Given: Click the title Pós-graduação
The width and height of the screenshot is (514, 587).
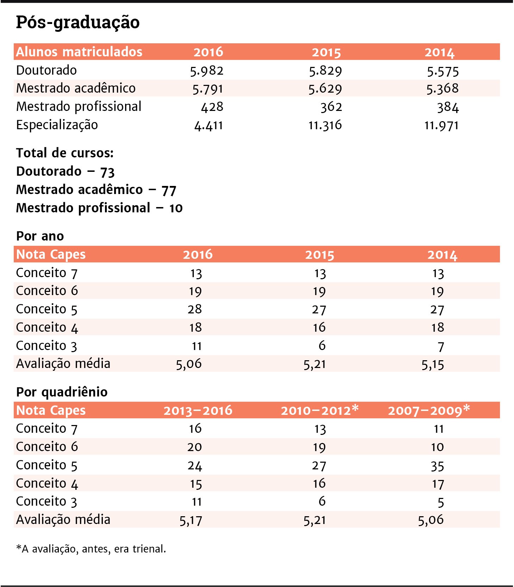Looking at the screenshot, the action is click(78, 23).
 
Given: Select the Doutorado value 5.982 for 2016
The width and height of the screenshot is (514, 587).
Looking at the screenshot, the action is click(207, 71).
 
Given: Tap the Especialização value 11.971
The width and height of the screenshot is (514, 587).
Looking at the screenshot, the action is click(441, 125).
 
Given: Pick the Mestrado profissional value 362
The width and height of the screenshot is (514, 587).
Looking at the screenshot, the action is click(331, 107).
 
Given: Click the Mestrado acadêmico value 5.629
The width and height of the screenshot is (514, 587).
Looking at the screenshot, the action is click(325, 89).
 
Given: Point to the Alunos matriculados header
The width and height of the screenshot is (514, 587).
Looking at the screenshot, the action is click(79, 52).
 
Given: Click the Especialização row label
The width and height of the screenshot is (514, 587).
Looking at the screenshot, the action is click(57, 125).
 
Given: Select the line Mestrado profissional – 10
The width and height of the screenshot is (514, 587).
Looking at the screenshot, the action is click(99, 208).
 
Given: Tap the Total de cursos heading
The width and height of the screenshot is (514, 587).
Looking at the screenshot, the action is click(65, 153).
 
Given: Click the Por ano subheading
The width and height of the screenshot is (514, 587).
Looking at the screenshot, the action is click(40, 236).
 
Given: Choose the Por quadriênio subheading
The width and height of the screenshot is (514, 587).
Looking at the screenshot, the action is click(62, 392).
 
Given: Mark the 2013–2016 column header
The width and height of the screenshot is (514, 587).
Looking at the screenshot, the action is click(198, 411).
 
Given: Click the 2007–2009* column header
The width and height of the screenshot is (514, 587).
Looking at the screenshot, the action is click(429, 410).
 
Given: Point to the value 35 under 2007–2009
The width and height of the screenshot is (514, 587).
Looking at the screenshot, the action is click(437, 466).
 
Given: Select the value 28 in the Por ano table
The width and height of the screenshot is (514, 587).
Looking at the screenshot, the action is click(195, 309).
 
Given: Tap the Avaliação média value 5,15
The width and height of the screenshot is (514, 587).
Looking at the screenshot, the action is click(433, 364).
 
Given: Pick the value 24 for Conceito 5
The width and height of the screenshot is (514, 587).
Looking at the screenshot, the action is click(195, 466).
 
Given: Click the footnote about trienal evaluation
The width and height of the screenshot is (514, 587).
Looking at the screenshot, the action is click(91, 549).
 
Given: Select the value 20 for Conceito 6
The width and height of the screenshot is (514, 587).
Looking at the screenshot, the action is click(194, 447).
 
